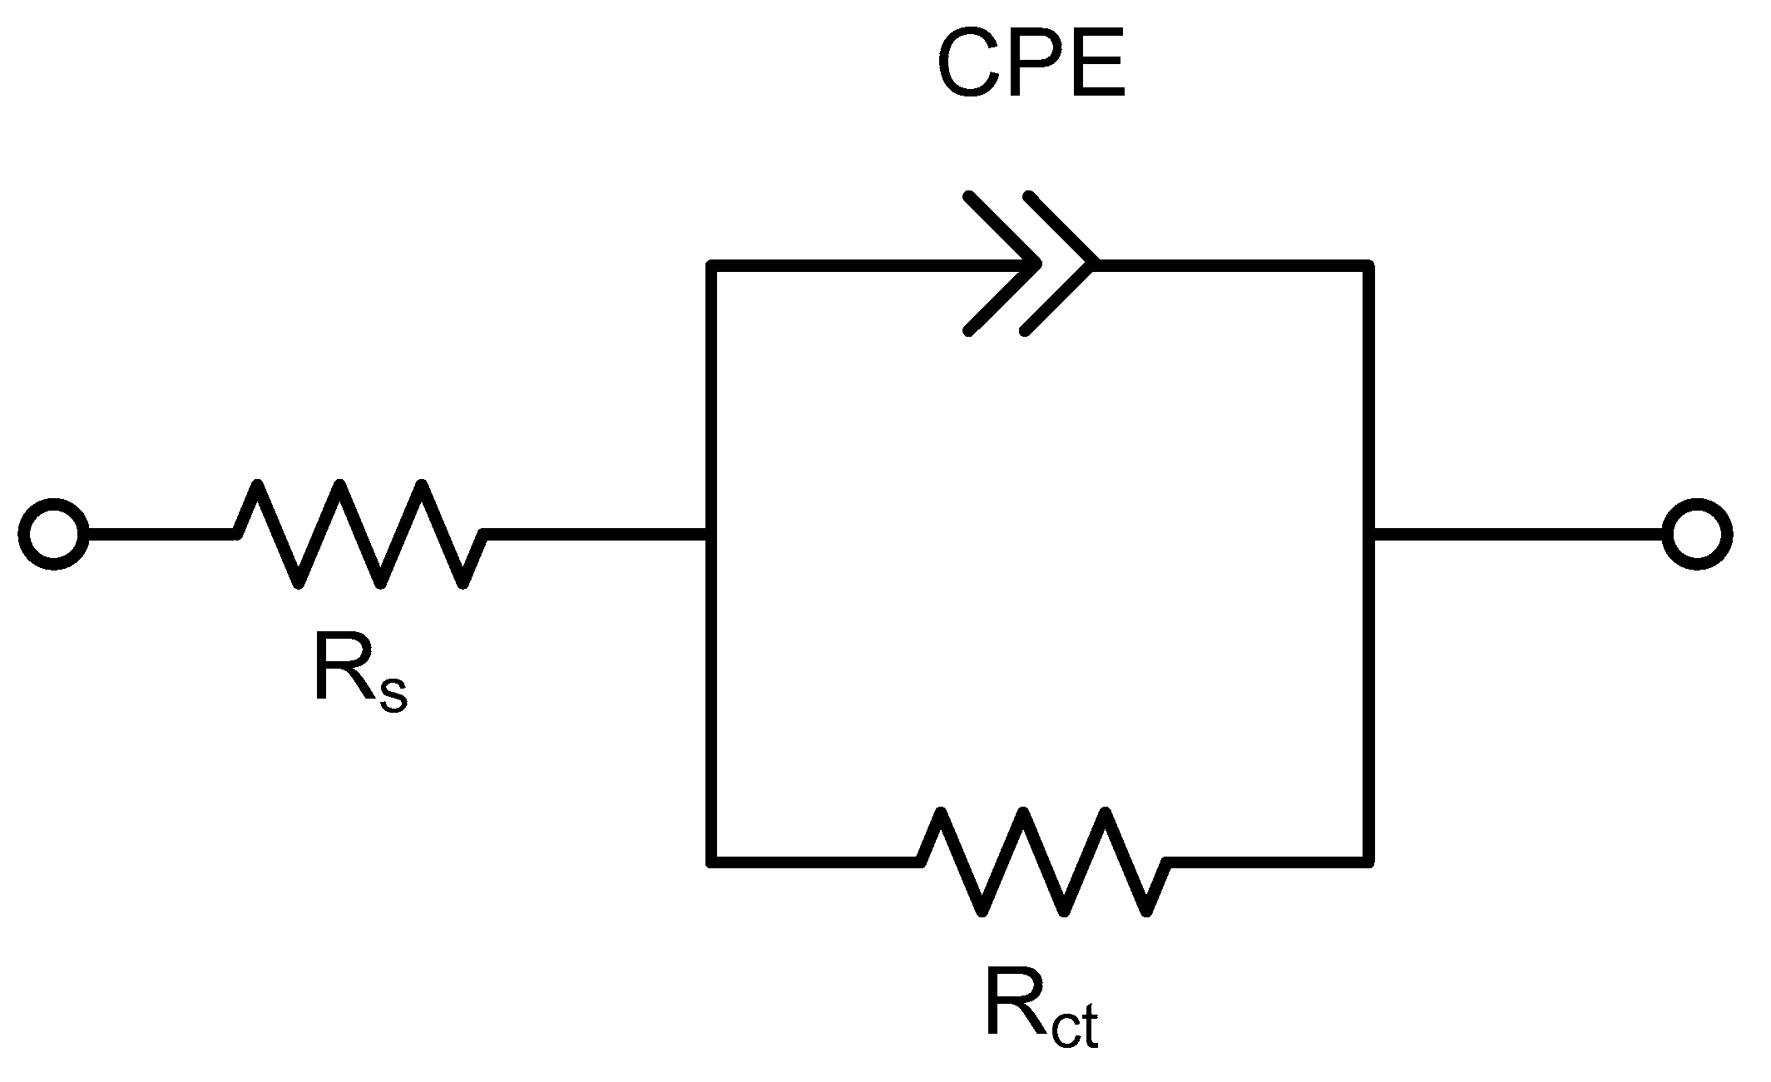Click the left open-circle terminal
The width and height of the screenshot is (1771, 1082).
53,534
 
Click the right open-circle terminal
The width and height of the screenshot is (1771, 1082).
1697,534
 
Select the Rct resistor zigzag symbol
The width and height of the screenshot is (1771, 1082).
1044,862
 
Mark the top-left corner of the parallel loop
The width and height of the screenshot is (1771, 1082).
710,265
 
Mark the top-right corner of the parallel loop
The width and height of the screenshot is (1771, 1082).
1368,265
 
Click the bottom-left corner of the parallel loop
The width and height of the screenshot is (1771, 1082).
710,862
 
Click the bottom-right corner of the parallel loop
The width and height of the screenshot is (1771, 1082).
1368,862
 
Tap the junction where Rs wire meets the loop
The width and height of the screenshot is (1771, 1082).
710,534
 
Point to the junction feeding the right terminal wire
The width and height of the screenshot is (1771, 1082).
1368,534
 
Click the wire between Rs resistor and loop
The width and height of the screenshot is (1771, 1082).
595,534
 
